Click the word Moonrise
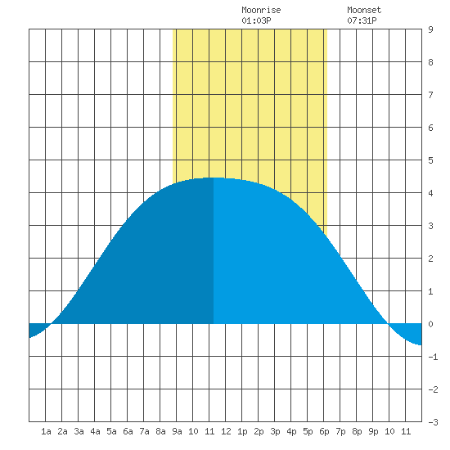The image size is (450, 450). (x=261, y=10)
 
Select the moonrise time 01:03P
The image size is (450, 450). (x=256, y=20)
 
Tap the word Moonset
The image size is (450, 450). (x=364, y=10)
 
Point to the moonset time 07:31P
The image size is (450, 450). (x=362, y=20)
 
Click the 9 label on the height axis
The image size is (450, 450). (x=430, y=29)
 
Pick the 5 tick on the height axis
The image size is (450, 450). (x=430, y=160)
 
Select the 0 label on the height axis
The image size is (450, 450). (x=430, y=324)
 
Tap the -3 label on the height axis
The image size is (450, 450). (x=433, y=422)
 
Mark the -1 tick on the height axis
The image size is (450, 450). (x=433, y=357)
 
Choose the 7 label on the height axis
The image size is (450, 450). (x=430, y=95)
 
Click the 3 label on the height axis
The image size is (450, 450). (x=430, y=226)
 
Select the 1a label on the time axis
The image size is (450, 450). (x=46, y=431)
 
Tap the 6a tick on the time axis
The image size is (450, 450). (x=128, y=431)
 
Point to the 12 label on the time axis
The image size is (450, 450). (x=226, y=431)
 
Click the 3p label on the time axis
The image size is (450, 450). (x=275, y=431)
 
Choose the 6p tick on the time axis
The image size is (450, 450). (x=324, y=431)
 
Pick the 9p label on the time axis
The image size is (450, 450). (x=373, y=431)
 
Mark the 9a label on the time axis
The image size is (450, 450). (x=177, y=431)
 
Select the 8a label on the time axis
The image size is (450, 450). (x=160, y=431)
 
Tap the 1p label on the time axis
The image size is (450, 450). (x=242, y=431)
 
